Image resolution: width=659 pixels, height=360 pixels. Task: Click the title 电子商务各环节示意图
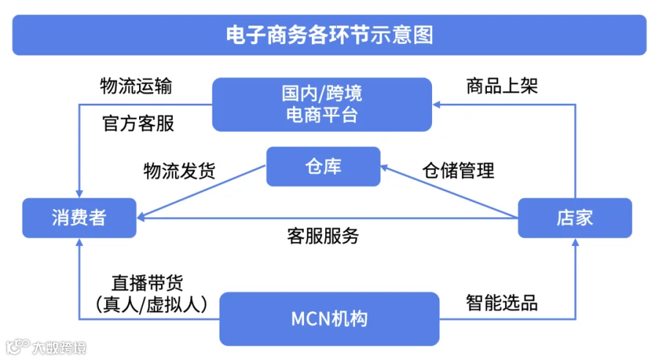pos(329,34)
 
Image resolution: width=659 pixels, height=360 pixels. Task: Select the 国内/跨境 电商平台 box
pos(321,104)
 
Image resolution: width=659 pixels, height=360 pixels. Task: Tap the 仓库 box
pos(323,167)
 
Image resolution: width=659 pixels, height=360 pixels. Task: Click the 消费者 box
pos(79,218)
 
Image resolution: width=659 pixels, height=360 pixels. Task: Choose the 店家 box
pos(575,218)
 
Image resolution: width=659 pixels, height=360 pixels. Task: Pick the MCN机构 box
pos(329,319)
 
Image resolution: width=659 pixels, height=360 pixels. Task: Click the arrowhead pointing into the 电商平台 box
pos(438,105)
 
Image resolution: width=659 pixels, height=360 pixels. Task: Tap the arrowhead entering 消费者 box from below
pos(79,244)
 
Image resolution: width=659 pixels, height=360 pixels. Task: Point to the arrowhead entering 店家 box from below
pos(575,244)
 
